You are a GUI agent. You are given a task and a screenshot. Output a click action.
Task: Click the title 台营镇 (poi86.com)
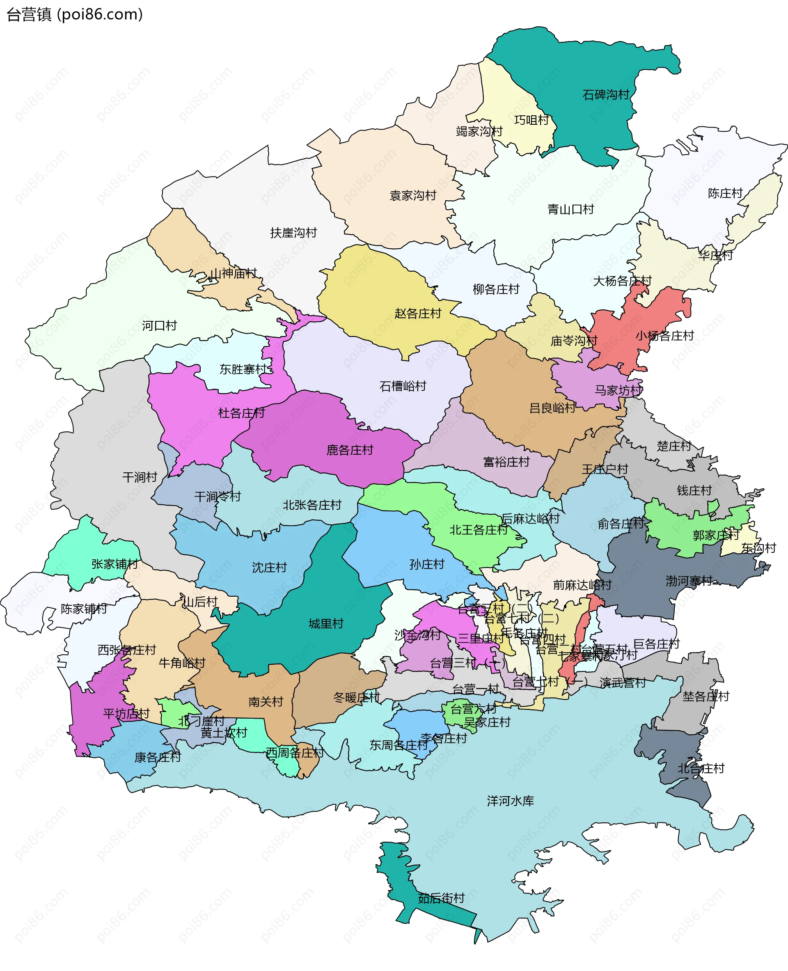click(x=75, y=14)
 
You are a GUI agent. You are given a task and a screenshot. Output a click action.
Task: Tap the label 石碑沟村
click(x=605, y=95)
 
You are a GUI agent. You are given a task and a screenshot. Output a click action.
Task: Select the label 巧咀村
click(x=531, y=120)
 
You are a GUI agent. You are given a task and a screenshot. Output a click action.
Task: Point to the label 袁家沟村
click(x=412, y=196)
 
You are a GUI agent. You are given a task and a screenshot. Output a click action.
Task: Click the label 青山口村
click(x=570, y=209)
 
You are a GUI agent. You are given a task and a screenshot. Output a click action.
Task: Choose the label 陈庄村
click(x=725, y=193)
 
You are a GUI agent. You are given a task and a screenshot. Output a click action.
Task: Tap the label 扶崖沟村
click(x=293, y=233)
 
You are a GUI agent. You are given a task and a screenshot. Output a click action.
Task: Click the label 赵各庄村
click(x=418, y=314)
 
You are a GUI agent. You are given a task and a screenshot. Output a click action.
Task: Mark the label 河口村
click(x=159, y=325)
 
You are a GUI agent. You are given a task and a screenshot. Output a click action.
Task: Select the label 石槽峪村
click(x=403, y=386)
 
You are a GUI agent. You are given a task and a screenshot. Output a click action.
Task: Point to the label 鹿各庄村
click(x=350, y=450)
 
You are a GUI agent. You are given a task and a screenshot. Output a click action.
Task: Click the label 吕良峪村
click(x=552, y=408)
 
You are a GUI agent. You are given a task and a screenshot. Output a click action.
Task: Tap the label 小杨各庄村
click(x=664, y=336)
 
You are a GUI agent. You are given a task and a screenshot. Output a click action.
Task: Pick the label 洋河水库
click(x=510, y=801)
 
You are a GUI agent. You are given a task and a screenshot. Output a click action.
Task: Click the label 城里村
click(x=325, y=624)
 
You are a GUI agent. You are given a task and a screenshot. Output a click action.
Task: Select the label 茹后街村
click(x=441, y=898)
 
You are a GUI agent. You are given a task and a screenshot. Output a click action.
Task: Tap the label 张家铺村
click(x=115, y=564)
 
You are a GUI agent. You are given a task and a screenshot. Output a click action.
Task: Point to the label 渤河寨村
click(x=689, y=581)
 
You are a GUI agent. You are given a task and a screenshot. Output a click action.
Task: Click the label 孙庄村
click(x=426, y=564)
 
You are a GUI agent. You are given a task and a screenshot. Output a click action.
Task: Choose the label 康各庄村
click(x=158, y=757)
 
